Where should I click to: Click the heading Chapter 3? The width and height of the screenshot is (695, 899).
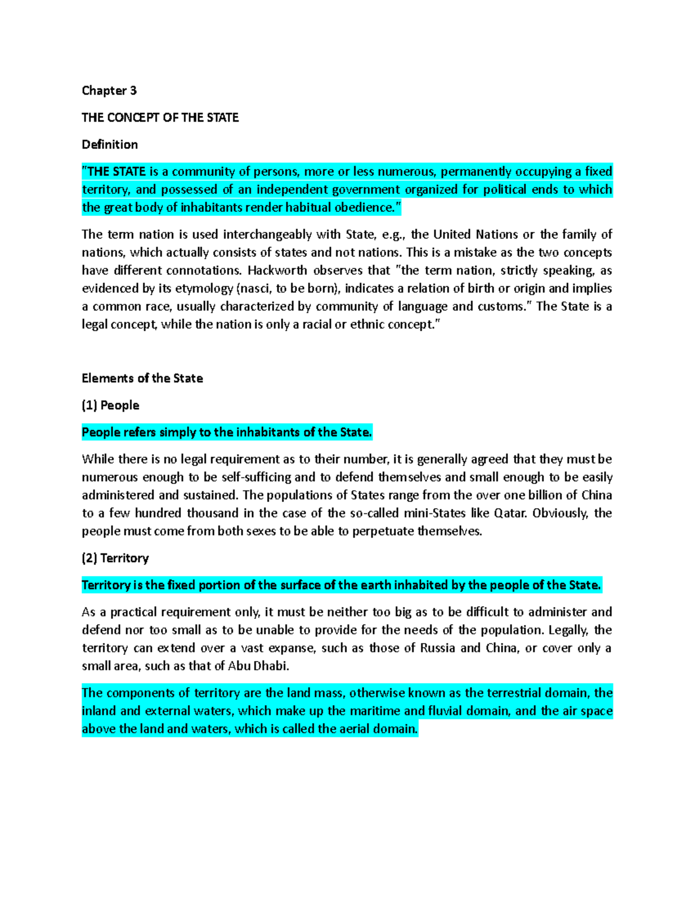tap(109, 90)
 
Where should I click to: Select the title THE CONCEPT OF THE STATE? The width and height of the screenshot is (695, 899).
tap(160, 118)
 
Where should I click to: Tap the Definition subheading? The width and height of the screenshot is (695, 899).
tap(109, 144)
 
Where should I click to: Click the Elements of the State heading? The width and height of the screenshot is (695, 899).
tap(142, 378)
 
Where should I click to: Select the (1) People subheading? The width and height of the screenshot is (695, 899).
tap(110, 405)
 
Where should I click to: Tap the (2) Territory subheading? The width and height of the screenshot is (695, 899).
tap(115, 558)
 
